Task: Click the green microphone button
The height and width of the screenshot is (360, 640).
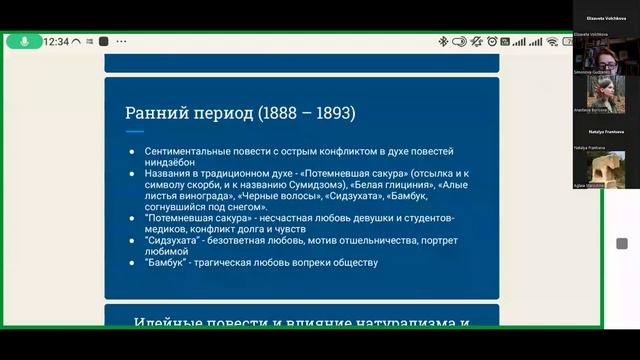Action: tap(23, 42)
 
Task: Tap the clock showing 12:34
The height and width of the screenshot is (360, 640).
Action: tap(56, 42)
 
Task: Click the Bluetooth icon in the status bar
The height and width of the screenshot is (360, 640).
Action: tap(443, 42)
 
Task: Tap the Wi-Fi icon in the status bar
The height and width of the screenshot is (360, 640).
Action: tap(551, 42)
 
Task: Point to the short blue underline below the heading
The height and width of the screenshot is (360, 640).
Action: tap(134, 132)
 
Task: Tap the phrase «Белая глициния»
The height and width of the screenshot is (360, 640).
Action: tap(382, 184)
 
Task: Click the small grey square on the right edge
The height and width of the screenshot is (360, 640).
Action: tap(622, 243)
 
